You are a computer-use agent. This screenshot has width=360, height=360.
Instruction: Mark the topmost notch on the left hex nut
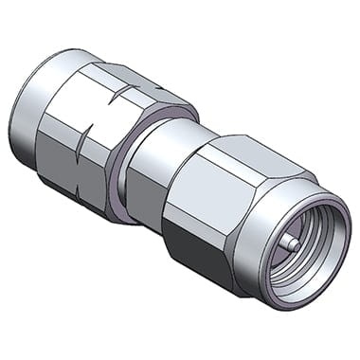[x=129, y=90]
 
